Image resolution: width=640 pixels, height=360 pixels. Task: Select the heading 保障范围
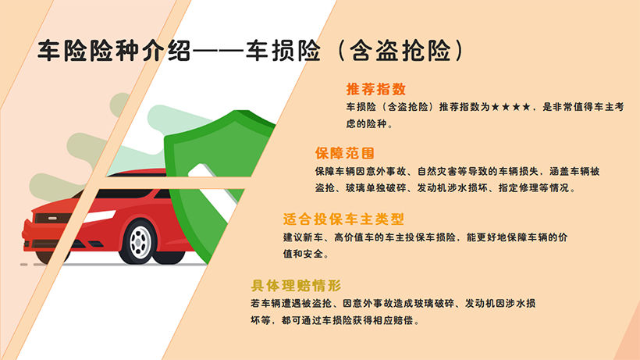pos(345,153)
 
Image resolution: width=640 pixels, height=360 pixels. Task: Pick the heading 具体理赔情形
pos(296,285)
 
